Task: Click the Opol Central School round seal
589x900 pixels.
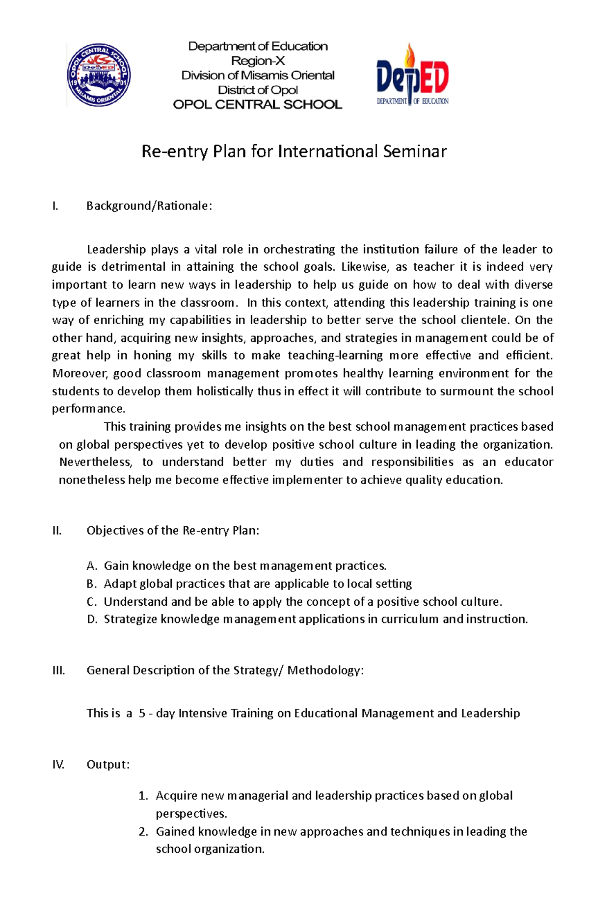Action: point(99,75)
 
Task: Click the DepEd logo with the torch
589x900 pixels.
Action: point(412,76)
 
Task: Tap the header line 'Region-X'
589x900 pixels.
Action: point(258,61)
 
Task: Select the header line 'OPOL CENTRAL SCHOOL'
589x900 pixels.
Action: point(257,104)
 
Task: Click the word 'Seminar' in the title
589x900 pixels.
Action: point(415,151)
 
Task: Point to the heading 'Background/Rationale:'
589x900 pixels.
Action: point(149,206)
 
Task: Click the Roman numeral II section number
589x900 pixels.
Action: point(57,531)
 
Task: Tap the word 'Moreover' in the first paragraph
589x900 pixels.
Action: point(79,374)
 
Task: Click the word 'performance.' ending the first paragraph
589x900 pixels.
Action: point(89,409)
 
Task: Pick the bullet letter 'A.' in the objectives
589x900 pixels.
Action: point(92,566)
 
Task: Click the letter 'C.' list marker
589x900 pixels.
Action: point(92,602)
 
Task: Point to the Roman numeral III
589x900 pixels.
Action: point(58,670)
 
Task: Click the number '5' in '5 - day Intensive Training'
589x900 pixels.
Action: point(142,714)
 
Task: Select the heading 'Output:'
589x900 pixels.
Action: point(108,765)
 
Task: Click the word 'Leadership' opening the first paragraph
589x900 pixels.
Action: point(116,250)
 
